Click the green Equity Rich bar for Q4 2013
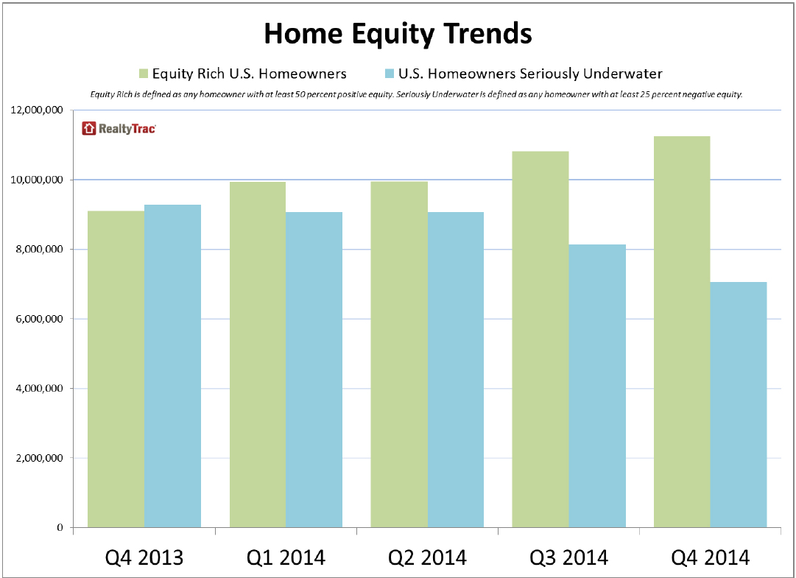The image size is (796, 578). click(x=116, y=369)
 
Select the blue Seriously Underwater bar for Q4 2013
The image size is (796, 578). click(x=172, y=366)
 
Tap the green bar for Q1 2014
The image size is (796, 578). click(x=258, y=354)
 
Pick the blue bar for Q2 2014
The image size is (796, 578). click(x=455, y=370)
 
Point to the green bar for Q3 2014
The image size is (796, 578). click(x=540, y=339)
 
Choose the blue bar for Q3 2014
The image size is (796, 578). click(x=597, y=386)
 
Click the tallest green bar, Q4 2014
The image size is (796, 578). click(x=682, y=332)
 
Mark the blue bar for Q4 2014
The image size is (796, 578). click(x=738, y=404)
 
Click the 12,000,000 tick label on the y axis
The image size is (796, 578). click(x=37, y=110)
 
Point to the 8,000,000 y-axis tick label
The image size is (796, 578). click(x=40, y=249)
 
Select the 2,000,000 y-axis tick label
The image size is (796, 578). click(x=40, y=458)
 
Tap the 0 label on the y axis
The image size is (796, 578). click(x=60, y=527)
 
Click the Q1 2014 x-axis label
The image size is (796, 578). click(x=286, y=557)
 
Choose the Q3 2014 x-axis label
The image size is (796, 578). click(x=568, y=557)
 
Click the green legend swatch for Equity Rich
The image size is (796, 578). click(x=144, y=74)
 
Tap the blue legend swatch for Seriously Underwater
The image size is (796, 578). click(x=390, y=74)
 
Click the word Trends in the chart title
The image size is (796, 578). click(x=487, y=33)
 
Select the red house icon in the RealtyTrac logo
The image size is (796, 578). click(x=89, y=128)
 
